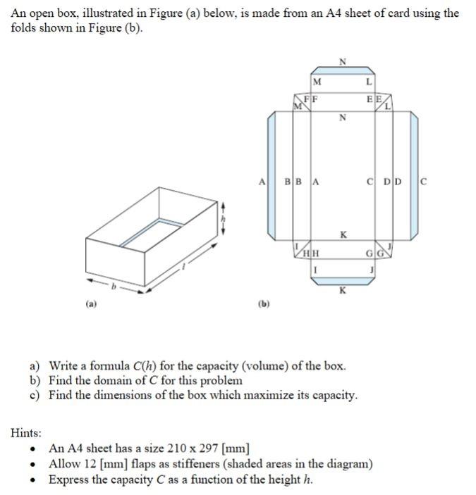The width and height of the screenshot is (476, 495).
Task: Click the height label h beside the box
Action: (x=226, y=219)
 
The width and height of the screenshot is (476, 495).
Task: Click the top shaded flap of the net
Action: (x=343, y=70)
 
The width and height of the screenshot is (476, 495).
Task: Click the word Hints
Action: (x=26, y=432)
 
